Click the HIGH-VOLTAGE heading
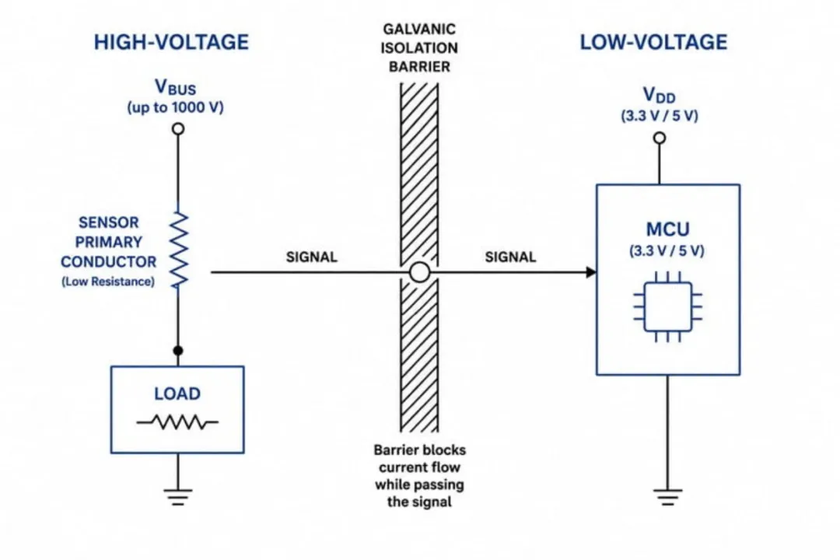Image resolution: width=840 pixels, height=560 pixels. (171, 42)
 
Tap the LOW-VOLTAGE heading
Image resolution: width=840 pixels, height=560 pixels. (653, 42)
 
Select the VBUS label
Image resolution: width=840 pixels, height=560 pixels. (175, 87)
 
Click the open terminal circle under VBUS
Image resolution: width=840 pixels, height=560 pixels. (178, 128)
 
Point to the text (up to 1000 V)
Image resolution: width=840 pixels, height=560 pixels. (175, 107)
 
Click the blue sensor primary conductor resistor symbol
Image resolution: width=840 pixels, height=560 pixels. (179, 250)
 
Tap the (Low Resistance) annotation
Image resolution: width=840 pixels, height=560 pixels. (108, 282)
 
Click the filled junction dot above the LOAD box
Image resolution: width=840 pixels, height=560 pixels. (178, 351)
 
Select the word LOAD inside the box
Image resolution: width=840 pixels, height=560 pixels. (177, 394)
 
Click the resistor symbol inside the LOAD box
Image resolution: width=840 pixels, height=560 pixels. (177, 422)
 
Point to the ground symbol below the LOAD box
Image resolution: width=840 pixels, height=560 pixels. (178, 497)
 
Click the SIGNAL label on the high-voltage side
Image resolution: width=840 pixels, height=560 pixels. (312, 257)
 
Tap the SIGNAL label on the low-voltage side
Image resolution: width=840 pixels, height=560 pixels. (510, 257)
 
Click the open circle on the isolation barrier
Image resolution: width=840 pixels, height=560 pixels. (419, 272)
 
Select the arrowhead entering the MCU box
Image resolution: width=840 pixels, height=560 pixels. (591, 272)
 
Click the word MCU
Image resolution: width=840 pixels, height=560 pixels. (667, 229)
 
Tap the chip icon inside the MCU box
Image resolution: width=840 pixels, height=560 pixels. (667, 306)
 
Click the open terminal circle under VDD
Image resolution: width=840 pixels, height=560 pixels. (660, 138)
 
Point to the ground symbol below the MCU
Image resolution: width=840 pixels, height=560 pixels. (667, 497)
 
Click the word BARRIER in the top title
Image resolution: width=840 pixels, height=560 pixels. (419, 66)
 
